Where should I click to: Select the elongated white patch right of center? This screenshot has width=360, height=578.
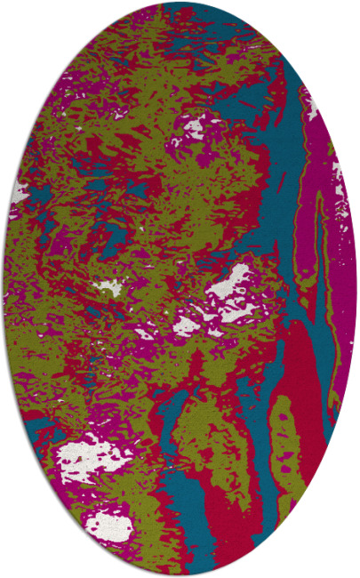230,285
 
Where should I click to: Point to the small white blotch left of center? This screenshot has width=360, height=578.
108,287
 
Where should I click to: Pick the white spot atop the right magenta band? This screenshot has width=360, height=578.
311,107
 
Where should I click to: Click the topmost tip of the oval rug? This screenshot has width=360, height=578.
180,3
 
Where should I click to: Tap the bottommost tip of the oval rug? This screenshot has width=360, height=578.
180,574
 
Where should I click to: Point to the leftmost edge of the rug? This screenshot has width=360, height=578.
4,289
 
